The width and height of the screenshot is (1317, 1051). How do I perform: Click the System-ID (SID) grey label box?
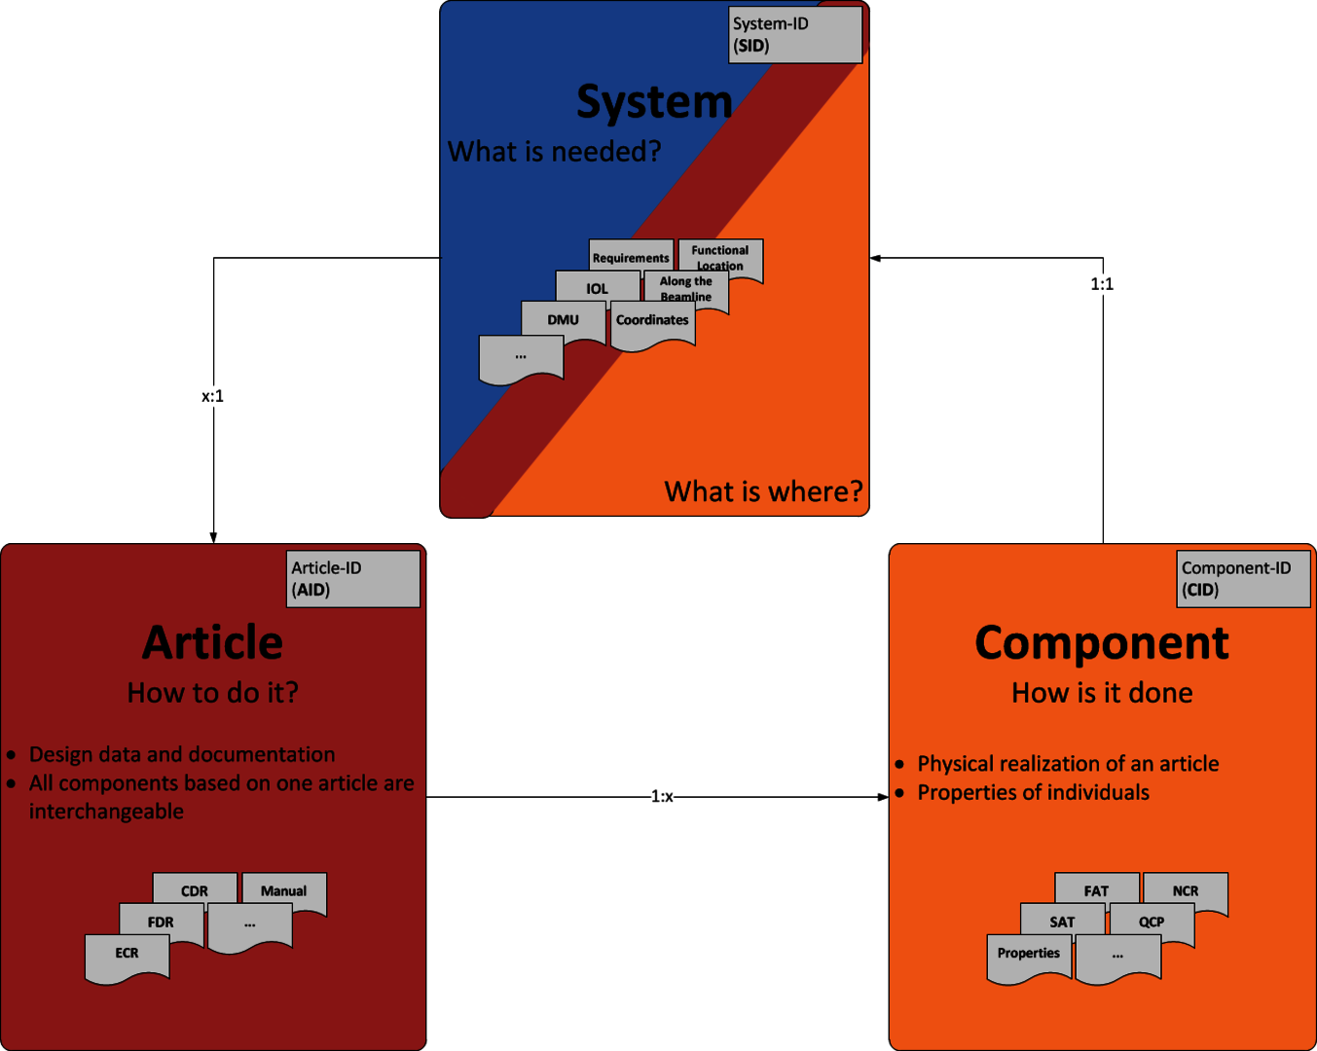click(x=795, y=35)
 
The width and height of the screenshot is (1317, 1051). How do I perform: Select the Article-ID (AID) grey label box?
click(x=353, y=579)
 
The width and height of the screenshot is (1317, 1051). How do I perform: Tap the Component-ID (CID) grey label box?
click(x=1243, y=579)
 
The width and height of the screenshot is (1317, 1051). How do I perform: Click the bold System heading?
click(x=654, y=102)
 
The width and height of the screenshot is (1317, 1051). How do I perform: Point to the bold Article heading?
click(x=212, y=643)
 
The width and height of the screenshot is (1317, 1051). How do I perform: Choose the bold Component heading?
click(x=1102, y=643)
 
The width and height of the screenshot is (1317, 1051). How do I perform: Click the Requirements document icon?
click(x=631, y=257)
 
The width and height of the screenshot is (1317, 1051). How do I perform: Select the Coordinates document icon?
click(x=652, y=322)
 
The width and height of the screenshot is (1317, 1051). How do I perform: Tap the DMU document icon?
click(x=563, y=319)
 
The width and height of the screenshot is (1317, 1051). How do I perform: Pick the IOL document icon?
click(x=597, y=288)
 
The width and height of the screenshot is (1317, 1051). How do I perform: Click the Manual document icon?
click(x=283, y=891)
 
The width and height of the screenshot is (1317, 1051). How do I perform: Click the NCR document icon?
click(x=1185, y=891)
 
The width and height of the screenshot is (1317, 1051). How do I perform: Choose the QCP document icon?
click(x=1152, y=923)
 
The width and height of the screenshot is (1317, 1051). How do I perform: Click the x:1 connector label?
click(x=212, y=396)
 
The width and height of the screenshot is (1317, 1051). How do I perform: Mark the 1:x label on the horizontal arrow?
click(x=662, y=796)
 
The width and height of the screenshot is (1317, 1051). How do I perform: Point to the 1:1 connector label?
click(x=1102, y=284)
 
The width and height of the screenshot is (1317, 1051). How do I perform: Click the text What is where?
click(x=763, y=491)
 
